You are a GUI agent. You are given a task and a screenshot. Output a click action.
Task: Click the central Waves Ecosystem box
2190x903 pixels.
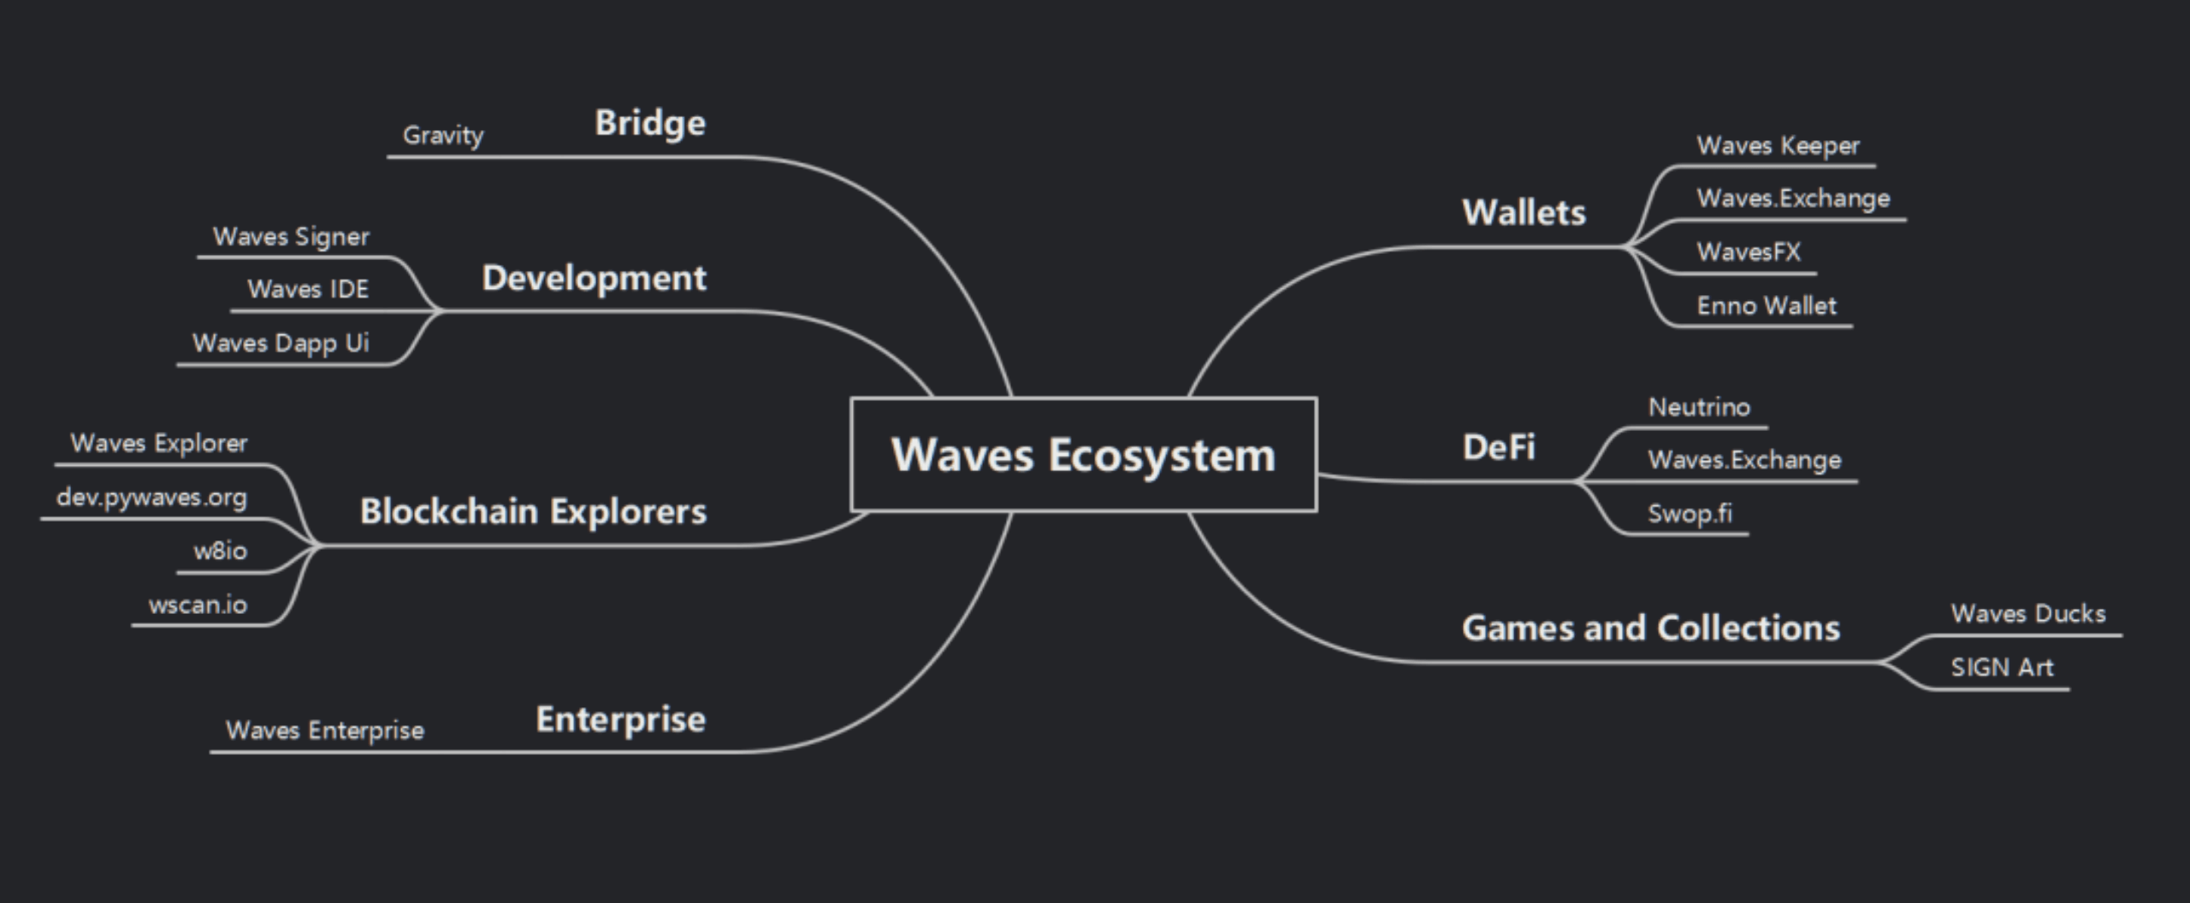(1083, 454)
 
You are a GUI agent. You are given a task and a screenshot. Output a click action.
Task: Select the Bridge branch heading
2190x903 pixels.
(650, 123)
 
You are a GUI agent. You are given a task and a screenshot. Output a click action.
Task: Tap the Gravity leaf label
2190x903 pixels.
(443, 135)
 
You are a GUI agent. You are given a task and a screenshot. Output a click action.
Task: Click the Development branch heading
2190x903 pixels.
(594, 279)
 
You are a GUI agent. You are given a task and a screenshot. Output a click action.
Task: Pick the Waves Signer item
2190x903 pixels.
(291, 237)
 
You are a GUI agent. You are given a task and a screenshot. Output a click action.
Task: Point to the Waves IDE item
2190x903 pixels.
(308, 290)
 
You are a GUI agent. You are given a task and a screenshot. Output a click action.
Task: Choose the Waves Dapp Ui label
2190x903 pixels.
(281, 344)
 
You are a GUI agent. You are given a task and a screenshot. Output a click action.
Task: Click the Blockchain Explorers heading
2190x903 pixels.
(533, 512)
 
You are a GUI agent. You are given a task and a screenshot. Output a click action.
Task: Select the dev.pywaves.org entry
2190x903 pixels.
(151, 498)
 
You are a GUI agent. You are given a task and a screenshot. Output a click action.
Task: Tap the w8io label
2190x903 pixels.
(220, 552)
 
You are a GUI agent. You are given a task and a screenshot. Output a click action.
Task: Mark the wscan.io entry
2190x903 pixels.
(198, 605)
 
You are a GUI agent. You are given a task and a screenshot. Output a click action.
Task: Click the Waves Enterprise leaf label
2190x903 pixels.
(324, 731)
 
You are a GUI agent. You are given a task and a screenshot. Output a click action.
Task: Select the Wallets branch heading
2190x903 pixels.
(1524, 213)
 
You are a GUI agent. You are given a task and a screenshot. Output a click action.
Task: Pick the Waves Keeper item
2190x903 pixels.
(1778, 146)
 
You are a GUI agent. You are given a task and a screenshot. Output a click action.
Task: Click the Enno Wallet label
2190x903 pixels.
(1767, 306)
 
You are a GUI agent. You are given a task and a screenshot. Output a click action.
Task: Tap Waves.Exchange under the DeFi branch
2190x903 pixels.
(1744, 460)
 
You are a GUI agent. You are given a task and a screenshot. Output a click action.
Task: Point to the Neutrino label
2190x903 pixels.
(1699, 407)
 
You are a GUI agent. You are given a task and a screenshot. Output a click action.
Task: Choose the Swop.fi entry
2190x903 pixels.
(1690, 514)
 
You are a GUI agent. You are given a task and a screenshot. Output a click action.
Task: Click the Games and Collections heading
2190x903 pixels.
(1650, 629)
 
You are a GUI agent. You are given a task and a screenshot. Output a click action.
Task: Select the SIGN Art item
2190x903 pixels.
(2001, 668)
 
